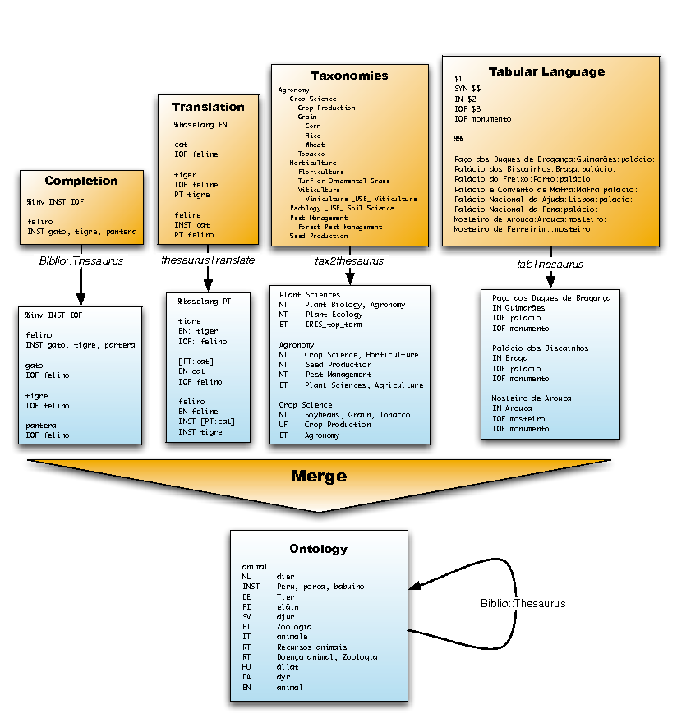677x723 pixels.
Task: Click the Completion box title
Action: point(81,181)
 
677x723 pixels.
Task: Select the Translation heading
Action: point(208,107)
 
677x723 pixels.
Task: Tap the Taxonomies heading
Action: point(349,76)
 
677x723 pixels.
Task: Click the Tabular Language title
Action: point(546,71)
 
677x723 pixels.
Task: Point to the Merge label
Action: point(319,476)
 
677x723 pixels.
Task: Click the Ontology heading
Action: point(319,549)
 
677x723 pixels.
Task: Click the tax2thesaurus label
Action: point(350,261)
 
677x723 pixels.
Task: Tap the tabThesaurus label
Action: point(550,264)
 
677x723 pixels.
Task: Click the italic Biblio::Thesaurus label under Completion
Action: point(81,260)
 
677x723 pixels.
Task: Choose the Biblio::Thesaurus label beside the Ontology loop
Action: point(523,603)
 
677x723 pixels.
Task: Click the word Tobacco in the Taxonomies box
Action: point(311,154)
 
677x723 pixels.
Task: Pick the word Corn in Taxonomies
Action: point(313,126)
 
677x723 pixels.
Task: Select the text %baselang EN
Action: point(200,125)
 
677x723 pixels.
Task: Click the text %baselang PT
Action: point(205,302)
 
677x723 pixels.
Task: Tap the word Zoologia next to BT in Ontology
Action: point(294,626)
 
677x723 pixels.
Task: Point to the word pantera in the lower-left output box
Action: point(39,425)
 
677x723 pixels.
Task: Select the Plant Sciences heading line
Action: point(309,295)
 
